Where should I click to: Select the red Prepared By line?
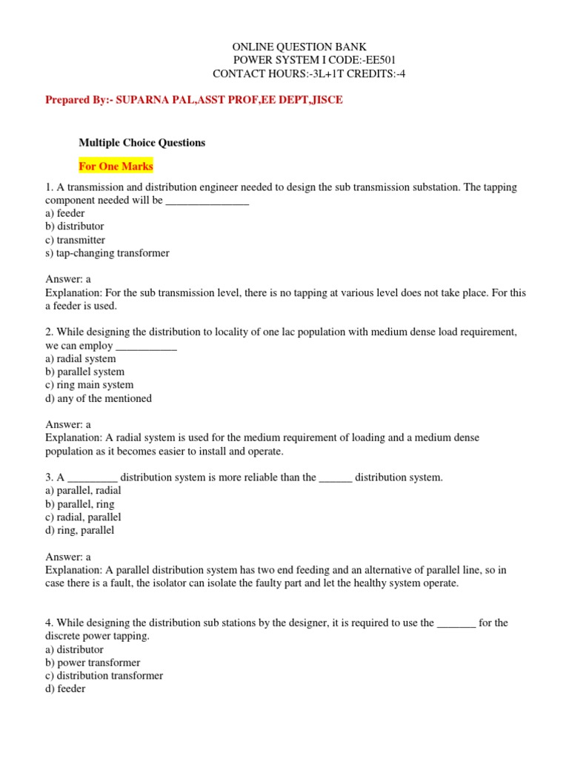click(194, 99)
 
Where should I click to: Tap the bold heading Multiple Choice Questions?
click(142, 142)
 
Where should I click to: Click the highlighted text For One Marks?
click(116, 166)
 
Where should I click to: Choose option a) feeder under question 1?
click(65, 213)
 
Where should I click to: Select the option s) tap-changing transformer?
click(107, 253)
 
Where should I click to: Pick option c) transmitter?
click(76, 240)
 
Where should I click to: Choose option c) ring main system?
click(90, 385)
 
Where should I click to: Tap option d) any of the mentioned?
click(99, 398)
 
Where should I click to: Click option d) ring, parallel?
click(80, 530)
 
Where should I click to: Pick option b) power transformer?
click(93, 663)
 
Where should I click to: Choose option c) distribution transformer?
click(104, 676)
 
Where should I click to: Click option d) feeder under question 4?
click(65, 689)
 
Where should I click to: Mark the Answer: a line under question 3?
click(68, 557)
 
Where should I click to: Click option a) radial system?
click(81, 358)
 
